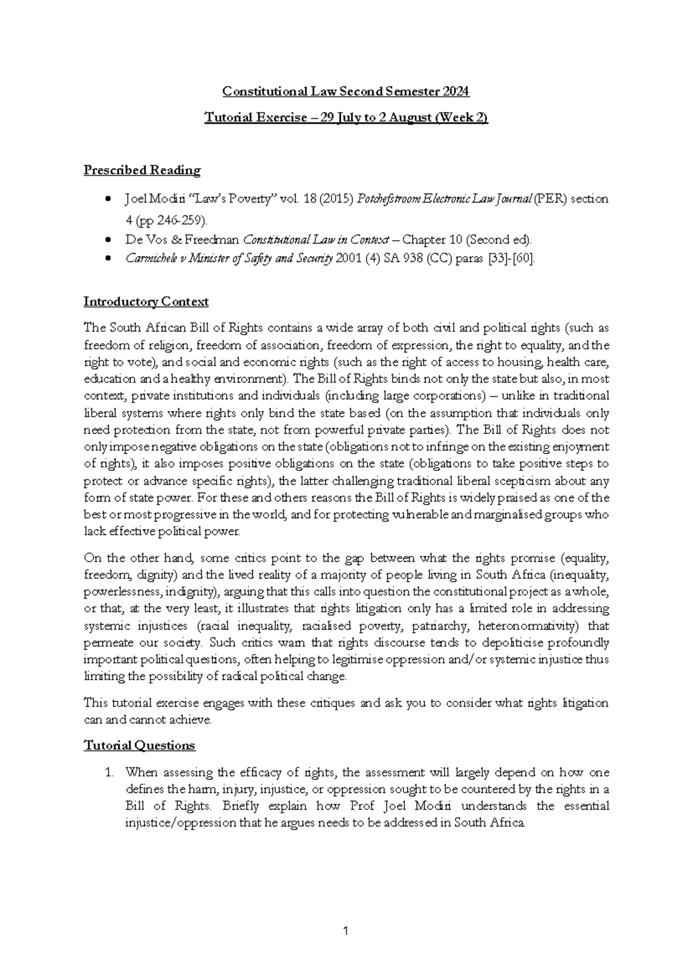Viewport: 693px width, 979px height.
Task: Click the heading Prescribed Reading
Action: point(142,170)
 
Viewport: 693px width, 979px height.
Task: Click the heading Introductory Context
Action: point(146,302)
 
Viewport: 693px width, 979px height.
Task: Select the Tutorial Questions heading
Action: point(140,745)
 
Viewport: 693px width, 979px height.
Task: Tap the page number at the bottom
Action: point(346,931)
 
